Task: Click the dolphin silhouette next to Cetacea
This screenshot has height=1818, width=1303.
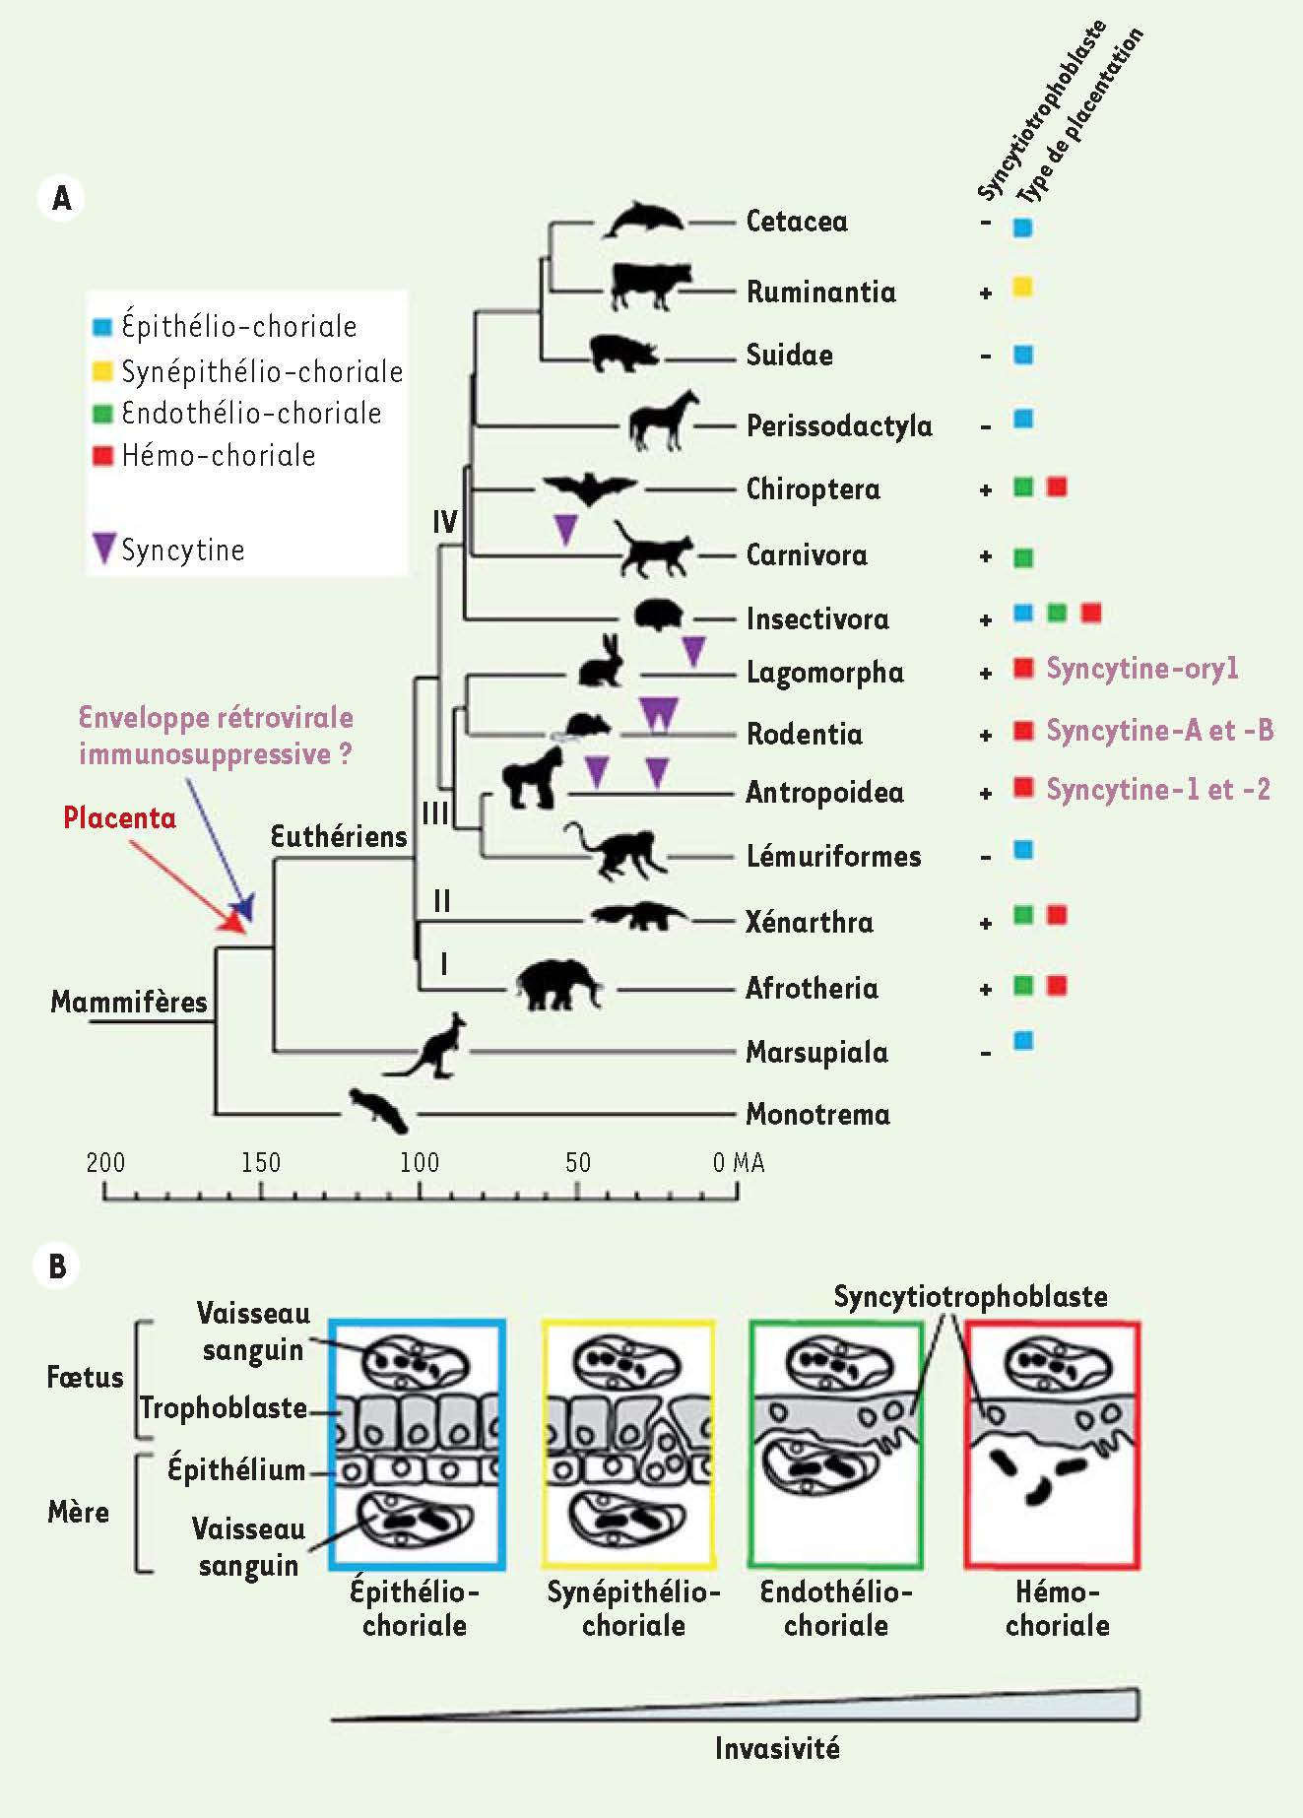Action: [643, 220]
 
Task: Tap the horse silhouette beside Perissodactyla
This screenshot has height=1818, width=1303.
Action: [664, 421]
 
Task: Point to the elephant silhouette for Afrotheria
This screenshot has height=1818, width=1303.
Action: [557, 985]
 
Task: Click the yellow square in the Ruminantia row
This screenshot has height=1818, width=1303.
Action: [1022, 288]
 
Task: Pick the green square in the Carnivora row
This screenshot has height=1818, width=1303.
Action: [1023, 558]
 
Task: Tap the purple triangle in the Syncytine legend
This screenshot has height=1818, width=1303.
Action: [104, 548]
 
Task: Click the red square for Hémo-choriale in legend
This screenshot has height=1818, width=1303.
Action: [102, 456]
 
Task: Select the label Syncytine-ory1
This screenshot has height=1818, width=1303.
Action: [1141, 669]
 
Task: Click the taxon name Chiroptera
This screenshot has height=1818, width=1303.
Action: [813, 489]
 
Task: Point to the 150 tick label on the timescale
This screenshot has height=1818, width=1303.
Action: [261, 1163]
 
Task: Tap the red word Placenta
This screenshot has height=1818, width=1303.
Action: [119, 817]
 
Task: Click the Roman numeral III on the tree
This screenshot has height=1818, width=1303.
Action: [434, 813]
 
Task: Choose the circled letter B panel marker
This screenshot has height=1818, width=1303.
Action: [57, 1266]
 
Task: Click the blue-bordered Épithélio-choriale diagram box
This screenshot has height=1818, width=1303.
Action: [418, 1444]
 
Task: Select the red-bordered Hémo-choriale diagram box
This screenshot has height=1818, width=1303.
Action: [1052, 1444]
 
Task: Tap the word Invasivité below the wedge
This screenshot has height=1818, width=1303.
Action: [777, 1749]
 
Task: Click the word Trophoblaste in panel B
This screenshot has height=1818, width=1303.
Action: [224, 1408]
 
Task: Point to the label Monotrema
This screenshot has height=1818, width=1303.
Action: [817, 1115]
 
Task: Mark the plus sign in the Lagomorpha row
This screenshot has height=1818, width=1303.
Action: [985, 675]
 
